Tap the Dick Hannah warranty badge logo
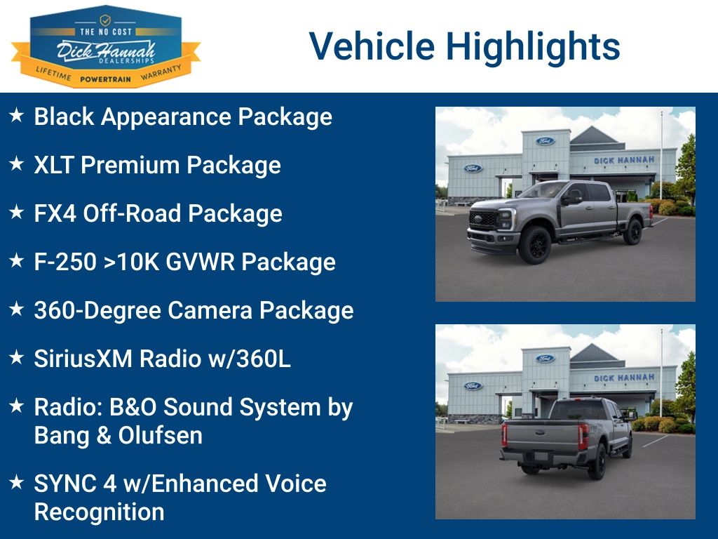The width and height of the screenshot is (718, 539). [x=106, y=46]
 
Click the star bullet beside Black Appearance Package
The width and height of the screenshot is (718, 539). [x=17, y=115]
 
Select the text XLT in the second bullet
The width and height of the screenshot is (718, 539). [x=53, y=165]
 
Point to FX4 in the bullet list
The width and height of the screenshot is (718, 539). [x=55, y=213]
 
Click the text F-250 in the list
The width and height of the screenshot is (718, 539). [x=65, y=262]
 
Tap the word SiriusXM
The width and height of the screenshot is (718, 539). [x=83, y=359]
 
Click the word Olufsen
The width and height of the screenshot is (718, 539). [x=161, y=435]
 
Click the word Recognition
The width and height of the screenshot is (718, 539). [x=100, y=512]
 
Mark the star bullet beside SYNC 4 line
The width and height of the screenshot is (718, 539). [x=17, y=482]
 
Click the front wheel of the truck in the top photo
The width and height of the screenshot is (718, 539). [x=534, y=244]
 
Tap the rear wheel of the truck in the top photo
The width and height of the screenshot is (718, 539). [x=633, y=232]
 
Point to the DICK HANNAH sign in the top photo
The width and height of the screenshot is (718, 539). [x=624, y=161]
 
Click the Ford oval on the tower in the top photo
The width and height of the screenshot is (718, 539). [x=545, y=141]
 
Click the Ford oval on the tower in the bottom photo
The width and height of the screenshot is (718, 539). [x=545, y=359]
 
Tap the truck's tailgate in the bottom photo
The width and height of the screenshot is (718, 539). [x=543, y=435]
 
